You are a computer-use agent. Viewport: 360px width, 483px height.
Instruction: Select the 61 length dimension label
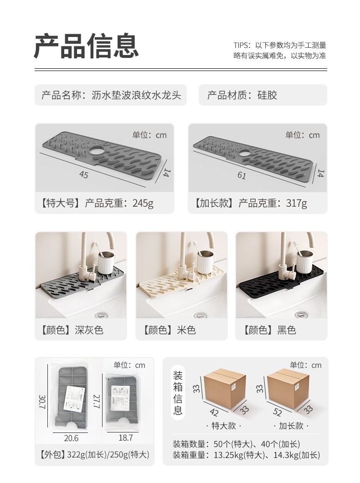pyautogui.click(x=242, y=175)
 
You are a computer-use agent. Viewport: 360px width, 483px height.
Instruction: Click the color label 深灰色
pyautogui.click(x=89, y=330)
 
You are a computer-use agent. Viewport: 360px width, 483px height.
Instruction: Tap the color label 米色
pyautogui.click(x=186, y=330)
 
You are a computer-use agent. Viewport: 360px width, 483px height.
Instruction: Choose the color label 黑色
pyautogui.click(x=287, y=330)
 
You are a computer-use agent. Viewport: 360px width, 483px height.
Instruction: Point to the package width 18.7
pyautogui.click(x=125, y=437)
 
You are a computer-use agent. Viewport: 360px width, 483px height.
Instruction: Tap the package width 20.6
pyautogui.click(x=71, y=438)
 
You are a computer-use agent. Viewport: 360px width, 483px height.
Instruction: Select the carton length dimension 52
pyautogui.click(x=277, y=413)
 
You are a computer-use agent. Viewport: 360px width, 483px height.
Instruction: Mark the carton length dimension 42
pyautogui.click(x=214, y=413)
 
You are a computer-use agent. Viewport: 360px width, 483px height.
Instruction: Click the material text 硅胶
pyautogui.click(x=267, y=95)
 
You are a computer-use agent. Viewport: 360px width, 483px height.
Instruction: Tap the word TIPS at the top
pyautogui.click(x=242, y=46)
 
